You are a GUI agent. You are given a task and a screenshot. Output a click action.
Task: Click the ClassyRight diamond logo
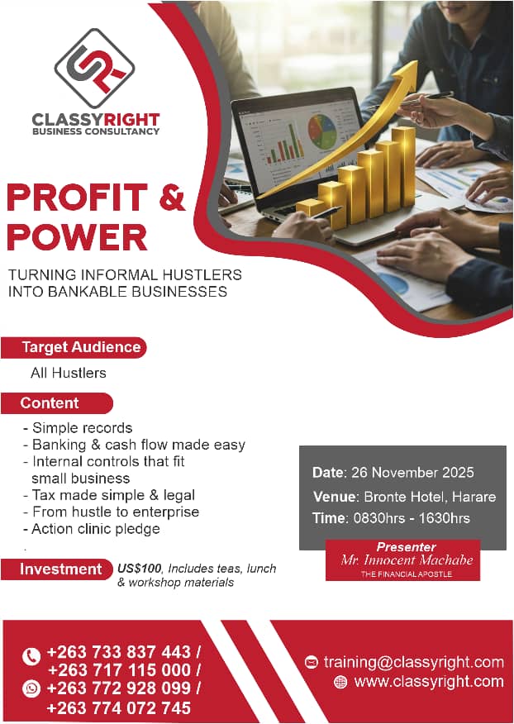tap(94, 69)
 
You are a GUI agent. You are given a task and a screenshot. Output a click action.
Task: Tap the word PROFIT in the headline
tap(77, 198)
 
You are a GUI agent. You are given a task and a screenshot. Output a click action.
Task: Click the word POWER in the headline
tap(77, 237)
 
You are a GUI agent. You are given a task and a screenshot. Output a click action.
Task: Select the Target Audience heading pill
tap(74, 347)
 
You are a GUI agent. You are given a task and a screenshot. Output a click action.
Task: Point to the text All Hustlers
tap(69, 373)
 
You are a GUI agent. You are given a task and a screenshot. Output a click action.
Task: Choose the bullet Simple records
tap(82, 427)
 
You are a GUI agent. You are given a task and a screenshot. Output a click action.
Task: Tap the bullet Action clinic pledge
tap(96, 529)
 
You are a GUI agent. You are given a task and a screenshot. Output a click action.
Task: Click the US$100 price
tap(140, 569)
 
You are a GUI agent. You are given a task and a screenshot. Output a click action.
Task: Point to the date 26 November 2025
tap(412, 473)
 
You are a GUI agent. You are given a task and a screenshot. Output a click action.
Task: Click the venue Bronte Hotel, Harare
tap(430, 497)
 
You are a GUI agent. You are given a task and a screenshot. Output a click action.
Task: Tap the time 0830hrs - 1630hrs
tap(412, 518)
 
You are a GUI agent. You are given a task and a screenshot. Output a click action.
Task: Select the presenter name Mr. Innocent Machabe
tap(407, 560)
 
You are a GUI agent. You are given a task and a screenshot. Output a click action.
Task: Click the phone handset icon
tap(31, 656)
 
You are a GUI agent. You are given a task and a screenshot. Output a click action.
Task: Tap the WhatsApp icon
tap(31, 689)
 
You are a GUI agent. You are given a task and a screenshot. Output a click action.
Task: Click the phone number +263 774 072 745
tap(119, 707)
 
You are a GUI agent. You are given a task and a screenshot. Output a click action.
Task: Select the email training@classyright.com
tap(414, 662)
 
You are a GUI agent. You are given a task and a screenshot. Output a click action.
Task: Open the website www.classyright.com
tap(429, 682)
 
